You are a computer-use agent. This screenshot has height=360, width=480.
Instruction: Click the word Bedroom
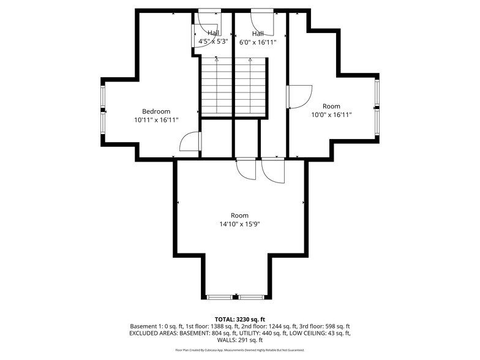click(x=156, y=111)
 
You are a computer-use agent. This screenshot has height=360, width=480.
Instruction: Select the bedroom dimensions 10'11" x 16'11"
click(x=156, y=120)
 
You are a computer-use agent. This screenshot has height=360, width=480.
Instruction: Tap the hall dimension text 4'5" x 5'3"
click(x=213, y=42)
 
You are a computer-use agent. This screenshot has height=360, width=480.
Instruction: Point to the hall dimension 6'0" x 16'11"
click(x=258, y=42)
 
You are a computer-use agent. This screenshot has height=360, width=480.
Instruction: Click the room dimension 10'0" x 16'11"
click(x=331, y=114)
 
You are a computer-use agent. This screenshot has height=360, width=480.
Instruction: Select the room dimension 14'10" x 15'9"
click(x=239, y=224)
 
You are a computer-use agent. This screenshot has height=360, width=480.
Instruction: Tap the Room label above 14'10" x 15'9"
click(x=239, y=215)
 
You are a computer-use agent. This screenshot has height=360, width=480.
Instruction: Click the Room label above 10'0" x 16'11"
click(x=331, y=106)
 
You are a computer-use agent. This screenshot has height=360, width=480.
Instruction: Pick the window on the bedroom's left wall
click(x=103, y=110)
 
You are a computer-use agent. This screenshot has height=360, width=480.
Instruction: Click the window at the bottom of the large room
click(x=236, y=297)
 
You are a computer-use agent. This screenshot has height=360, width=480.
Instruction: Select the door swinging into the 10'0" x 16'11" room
click(x=298, y=97)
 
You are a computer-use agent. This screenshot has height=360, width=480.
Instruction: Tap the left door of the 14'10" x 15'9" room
click(x=246, y=168)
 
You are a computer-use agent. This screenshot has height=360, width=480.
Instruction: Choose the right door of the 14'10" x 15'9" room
click(x=272, y=170)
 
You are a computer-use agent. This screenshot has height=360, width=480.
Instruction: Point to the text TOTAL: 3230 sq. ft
click(x=239, y=319)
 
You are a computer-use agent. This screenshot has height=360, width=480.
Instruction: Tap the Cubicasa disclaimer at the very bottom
click(x=239, y=350)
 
